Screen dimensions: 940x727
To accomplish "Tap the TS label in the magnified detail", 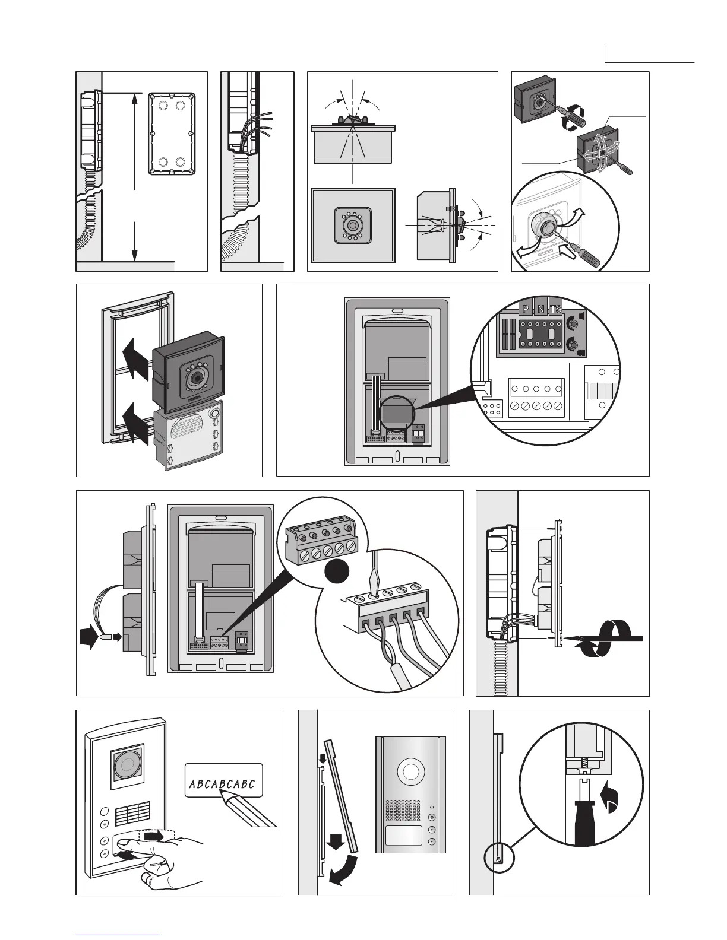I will coord(555,309).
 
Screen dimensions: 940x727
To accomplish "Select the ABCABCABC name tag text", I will coord(222,785).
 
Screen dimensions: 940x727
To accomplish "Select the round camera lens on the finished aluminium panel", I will coord(410,771).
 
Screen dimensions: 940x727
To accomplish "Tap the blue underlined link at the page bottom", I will coord(118,934).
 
